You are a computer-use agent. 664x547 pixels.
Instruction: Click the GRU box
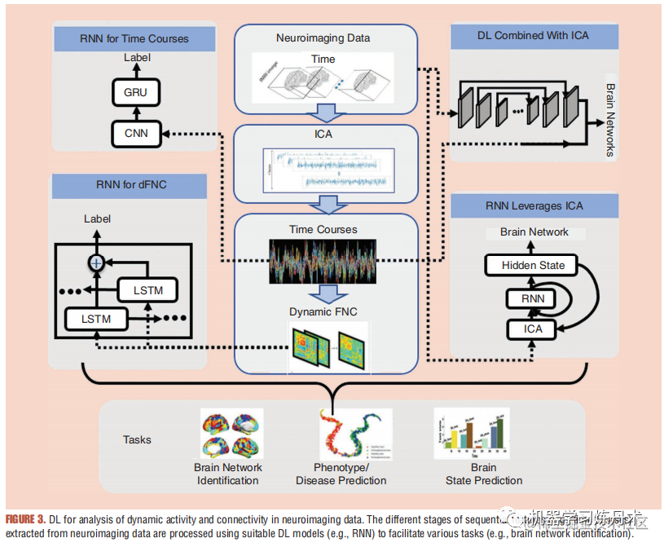click(135, 92)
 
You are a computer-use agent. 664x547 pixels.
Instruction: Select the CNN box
click(135, 132)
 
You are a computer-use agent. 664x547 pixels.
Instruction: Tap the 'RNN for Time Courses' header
click(134, 38)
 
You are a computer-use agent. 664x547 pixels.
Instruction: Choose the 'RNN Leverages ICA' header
click(534, 205)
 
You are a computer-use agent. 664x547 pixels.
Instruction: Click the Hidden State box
click(533, 265)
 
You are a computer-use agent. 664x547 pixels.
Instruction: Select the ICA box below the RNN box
click(533, 329)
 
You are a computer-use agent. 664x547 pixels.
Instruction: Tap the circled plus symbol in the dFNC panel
click(97, 262)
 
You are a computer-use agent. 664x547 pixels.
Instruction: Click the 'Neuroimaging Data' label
click(323, 37)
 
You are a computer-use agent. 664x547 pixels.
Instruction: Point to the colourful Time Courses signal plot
click(323, 261)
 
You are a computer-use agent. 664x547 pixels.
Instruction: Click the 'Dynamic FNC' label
click(323, 311)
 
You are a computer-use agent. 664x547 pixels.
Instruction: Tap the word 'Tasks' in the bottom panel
click(137, 439)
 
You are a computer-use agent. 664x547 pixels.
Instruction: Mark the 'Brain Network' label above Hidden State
click(534, 232)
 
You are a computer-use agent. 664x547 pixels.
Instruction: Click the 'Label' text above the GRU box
click(137, 58)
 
